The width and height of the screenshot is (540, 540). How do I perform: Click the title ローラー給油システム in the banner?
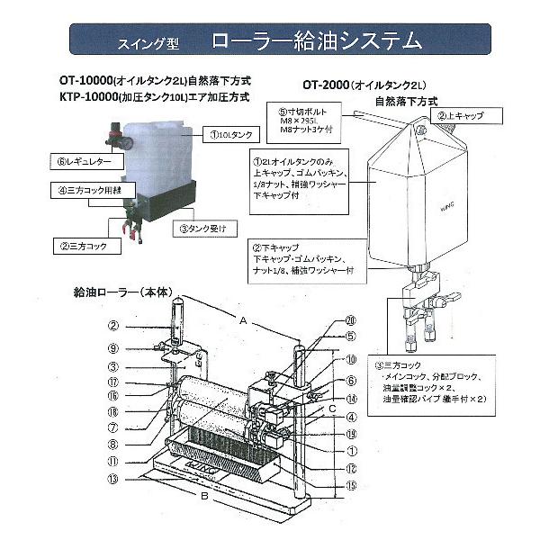(x=317, y=40)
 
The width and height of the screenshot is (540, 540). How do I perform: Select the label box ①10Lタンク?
(x=231, y=135)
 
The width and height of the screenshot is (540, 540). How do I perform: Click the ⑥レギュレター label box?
(x=79, y=163)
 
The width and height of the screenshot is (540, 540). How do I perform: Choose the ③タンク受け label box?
(x=208, y=229)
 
